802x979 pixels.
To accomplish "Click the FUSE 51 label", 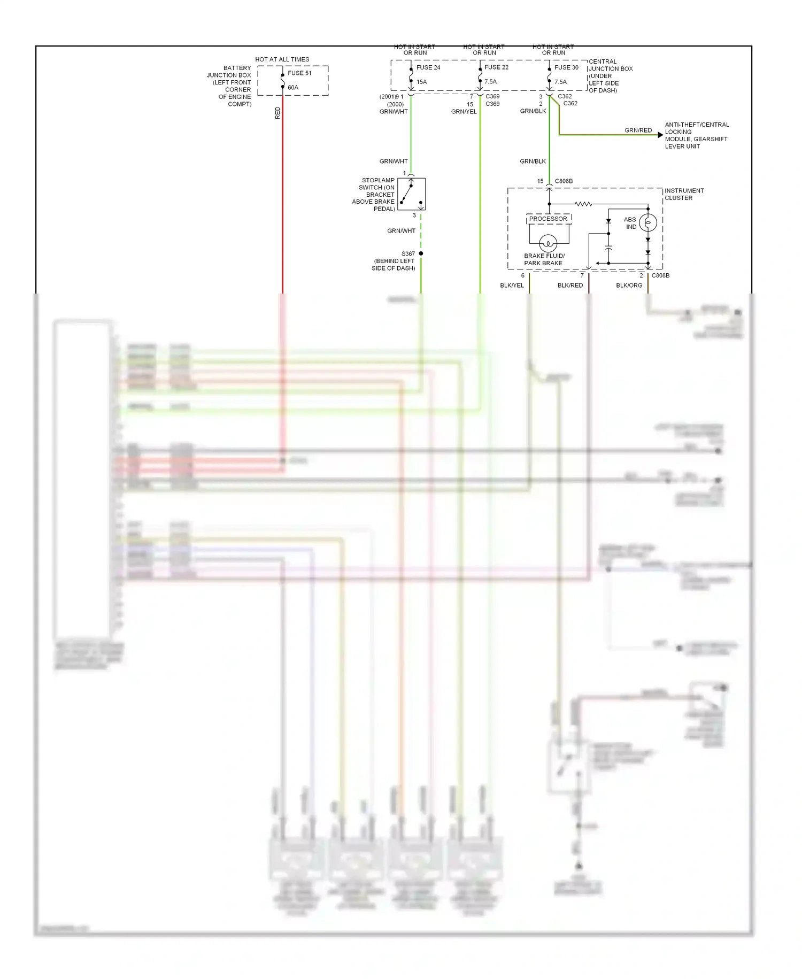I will (299, 73).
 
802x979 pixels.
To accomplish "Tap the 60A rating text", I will (293, 88).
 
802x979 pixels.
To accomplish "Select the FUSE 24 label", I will (428, 67).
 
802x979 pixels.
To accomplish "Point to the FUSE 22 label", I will (497, 67).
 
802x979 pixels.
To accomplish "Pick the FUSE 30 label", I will (566, 67).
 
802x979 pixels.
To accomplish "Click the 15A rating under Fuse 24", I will (422, 82).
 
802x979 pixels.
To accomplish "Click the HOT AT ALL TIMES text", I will (282, 59).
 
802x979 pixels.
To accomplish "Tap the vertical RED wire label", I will (277, 113).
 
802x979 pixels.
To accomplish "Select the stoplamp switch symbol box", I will (412, 194).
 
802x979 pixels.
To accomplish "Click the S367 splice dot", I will (421, 253).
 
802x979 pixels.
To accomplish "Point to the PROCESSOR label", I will (548, 219).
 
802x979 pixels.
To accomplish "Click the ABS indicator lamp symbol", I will (648, 222).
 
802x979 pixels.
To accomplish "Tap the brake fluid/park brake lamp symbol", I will (548, 243).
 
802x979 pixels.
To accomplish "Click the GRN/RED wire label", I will (638, 130).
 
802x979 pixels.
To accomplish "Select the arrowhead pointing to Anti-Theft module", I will (660, 135).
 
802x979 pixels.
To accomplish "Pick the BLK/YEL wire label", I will (512, 286).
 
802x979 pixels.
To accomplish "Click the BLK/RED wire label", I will (570, 286).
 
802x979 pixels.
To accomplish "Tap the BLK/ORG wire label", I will (629, 286).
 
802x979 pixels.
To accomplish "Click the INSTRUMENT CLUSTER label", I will (684, 194).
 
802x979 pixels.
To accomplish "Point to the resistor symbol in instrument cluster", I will (583, 204).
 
